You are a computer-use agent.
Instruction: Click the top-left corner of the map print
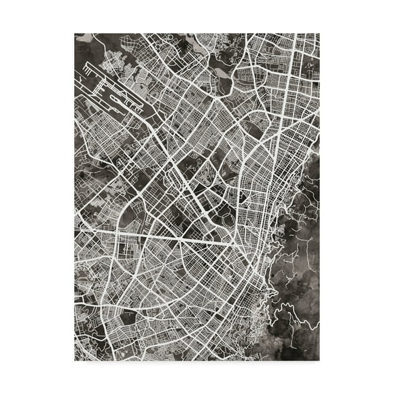click(75, 33)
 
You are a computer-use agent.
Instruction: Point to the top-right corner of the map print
click(319, 33)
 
